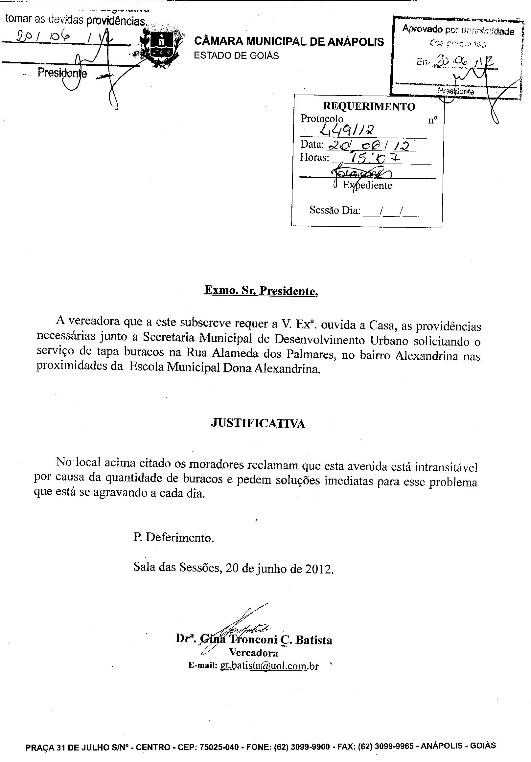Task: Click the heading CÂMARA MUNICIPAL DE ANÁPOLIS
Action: tap(289, 42)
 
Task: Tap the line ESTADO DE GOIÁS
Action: tap(236, 56)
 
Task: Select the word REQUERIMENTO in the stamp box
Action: tap(369, 106)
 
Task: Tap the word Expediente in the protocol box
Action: tap(367, 185)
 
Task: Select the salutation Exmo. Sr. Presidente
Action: tap(261, 291)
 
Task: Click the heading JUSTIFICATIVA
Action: tap(258, 424)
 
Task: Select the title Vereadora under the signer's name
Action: tap(253, 653)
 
